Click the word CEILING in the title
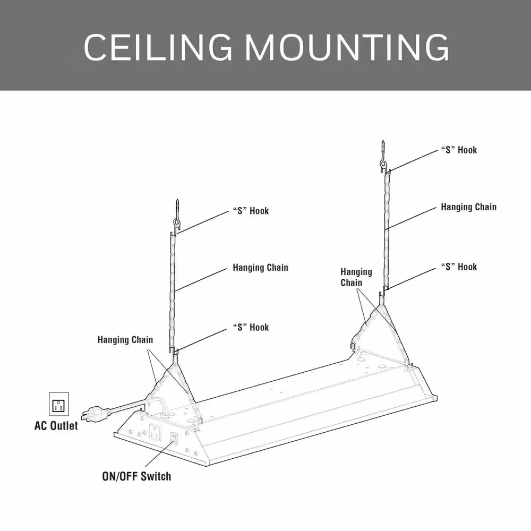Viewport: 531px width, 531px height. tap(158, 47)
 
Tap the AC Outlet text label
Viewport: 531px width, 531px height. tap(56, 426)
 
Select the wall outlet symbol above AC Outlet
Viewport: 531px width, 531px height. tap(59, 404)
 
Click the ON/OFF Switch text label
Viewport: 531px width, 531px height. tap(137, 476)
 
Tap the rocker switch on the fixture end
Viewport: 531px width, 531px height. tap(174, 439)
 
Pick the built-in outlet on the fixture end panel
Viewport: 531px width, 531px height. tap(155, 432)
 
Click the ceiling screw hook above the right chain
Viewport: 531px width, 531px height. tap(383, 155)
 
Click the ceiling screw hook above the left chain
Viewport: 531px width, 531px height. tap(176, 214)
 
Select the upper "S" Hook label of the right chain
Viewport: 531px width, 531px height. tap(459, 150)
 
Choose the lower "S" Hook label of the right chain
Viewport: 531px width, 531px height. tap(459, 267)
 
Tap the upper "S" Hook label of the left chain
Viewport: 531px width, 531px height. tap(251, 211)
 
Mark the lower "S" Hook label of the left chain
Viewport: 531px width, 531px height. tap(251, 328)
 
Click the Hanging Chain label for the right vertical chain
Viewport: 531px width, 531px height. tap(469, 207)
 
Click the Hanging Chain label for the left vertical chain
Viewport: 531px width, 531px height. tap(260, 268)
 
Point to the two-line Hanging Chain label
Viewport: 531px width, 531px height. tap(356, 277)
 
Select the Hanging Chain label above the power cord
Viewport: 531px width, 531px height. tap(125, 340)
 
